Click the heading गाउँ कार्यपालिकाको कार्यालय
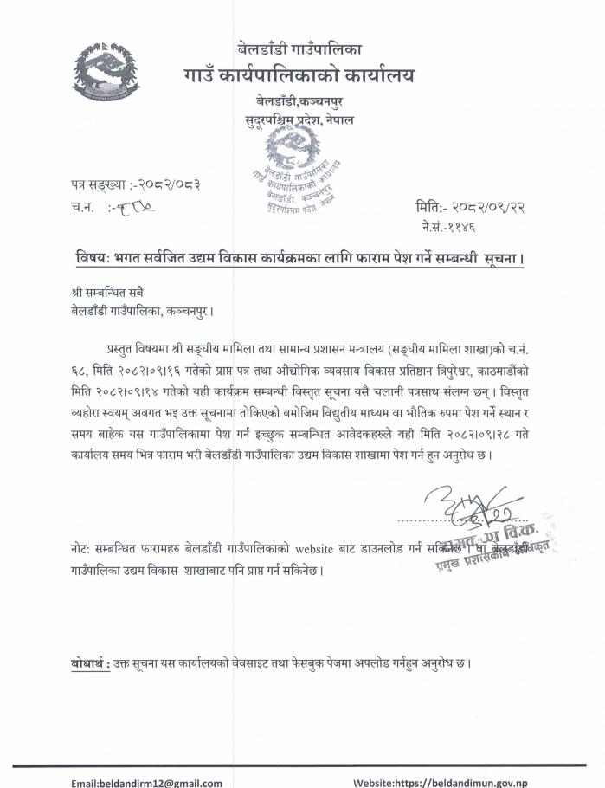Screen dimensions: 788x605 click(298, 76)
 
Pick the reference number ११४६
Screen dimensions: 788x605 click(470, 226)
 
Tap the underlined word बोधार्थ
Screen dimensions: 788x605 click(89, 664)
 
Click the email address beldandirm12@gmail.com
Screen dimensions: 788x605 click(147, 782)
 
